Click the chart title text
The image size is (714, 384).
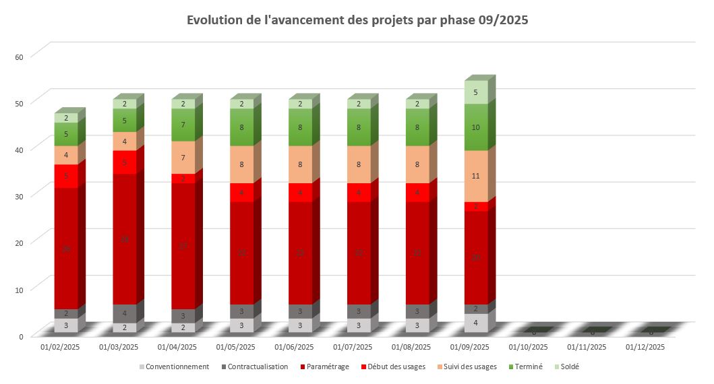tap(357, 20)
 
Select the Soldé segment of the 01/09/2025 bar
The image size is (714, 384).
tap(476, 92)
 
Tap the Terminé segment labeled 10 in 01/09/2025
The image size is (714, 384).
tap(476, 127)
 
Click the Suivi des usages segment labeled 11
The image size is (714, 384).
tap(476, 176)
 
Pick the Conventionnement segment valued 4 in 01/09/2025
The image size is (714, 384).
tap(476, 323)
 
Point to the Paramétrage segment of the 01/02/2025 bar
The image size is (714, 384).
tap(66, 249)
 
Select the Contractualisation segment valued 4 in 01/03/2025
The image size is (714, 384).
tap(125, 313)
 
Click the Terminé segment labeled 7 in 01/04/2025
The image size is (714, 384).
tap(183, 125)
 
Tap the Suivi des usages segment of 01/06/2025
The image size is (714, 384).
tap(301, 164)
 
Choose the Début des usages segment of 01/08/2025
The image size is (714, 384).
tap(417, 192)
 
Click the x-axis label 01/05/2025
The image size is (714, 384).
tap(236, 348)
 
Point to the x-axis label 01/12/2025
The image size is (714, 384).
tap(645, 348)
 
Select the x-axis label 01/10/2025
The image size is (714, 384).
tap(529, 348)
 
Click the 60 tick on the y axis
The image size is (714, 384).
tap(19, 57)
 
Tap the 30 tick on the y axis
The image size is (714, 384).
tap(19, 197)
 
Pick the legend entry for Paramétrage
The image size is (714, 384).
tap(328, 367)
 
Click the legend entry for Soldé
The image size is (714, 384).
tap(565, 367)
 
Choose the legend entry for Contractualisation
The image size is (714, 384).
tap(257, 367)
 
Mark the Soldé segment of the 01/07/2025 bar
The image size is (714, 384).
tap(359, 104)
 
